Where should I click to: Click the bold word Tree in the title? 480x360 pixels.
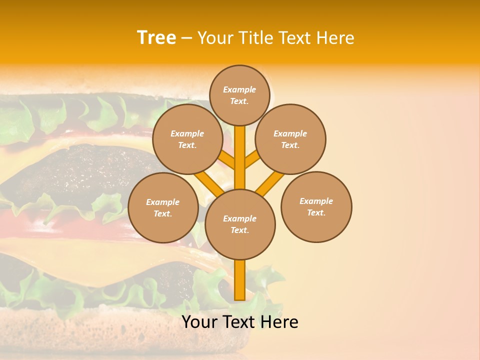(156, 38)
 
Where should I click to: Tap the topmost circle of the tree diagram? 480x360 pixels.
(239, 95)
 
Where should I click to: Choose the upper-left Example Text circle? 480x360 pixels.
(187, 139)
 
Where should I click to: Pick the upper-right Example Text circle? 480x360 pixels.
(290, 139)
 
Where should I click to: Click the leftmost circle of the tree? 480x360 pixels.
(163, 208)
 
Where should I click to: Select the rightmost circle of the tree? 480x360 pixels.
(316, 207)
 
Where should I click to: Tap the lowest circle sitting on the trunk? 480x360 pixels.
(240, 224)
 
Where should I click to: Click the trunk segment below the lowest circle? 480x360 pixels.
(240, 280)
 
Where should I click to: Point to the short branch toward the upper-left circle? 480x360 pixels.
(227, 159)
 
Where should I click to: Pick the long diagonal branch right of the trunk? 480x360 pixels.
(270, 183)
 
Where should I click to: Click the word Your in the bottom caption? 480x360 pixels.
(199, 322)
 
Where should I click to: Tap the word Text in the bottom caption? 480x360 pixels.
(237, 322)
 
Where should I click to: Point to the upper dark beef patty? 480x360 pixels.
(80, 170)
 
